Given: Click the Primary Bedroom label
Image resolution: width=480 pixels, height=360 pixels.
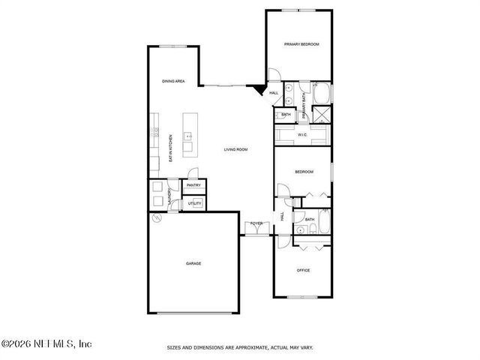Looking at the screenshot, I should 301,45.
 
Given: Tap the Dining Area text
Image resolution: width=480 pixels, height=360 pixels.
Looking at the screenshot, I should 174,81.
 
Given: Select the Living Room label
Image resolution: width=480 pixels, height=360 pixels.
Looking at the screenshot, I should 235,150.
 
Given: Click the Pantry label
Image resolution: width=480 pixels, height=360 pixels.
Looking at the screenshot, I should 193,185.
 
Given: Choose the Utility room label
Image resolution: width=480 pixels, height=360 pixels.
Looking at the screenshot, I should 193,203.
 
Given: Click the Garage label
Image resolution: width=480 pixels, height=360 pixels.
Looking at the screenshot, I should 193,263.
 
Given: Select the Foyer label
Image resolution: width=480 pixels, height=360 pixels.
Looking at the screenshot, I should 256,223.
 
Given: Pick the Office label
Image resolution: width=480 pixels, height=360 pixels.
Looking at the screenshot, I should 303,270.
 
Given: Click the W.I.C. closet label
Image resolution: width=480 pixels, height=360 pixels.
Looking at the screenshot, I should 301,135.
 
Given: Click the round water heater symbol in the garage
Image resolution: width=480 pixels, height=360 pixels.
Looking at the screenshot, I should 157,218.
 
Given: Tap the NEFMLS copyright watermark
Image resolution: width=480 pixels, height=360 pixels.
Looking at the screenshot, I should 46,344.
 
